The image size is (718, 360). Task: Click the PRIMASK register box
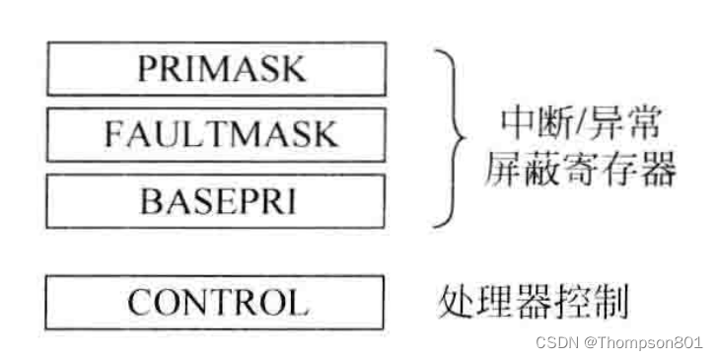(215, 69)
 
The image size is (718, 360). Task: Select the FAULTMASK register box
(215, 134)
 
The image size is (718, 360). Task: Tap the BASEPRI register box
(215, 200)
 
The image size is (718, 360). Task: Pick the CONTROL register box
(215, 301)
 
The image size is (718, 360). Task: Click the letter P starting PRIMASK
(147, 70)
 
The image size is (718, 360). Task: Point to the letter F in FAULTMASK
(113, 135)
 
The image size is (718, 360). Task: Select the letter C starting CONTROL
(137, 302)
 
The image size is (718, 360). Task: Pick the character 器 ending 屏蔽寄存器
(657, 172)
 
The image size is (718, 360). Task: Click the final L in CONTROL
(298, 302)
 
